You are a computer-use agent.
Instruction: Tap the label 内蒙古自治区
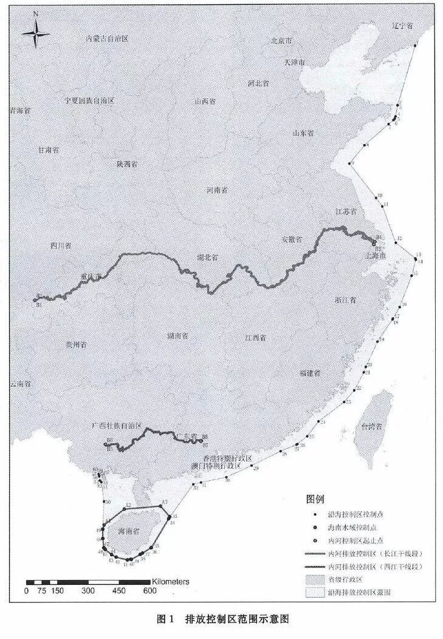click(x=108, y=38)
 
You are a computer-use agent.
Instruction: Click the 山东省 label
click(x=302, y=133)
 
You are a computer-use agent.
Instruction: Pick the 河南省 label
click(x=217, y=190)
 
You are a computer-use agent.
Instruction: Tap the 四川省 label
click(x=61, y=246)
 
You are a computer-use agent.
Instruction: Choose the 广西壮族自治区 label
click(x=116, y=427)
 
